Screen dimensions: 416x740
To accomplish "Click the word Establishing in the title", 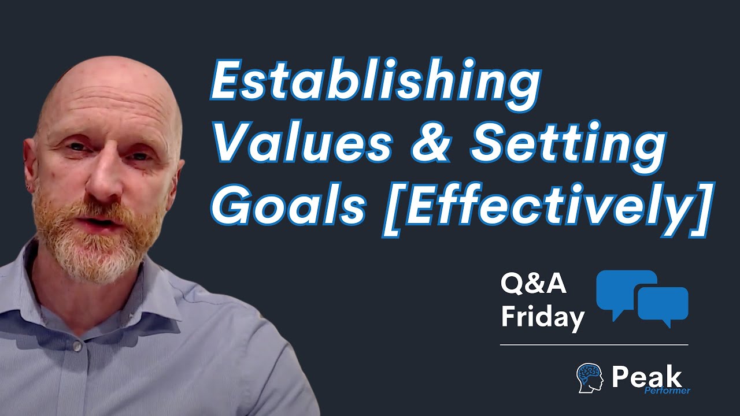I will point(376,84).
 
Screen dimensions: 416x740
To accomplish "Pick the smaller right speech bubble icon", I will point(663,304).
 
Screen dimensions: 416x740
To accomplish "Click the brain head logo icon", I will point(590,378).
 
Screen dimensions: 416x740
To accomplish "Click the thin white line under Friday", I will point(594,345).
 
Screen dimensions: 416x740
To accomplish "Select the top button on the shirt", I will point(76,346).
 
